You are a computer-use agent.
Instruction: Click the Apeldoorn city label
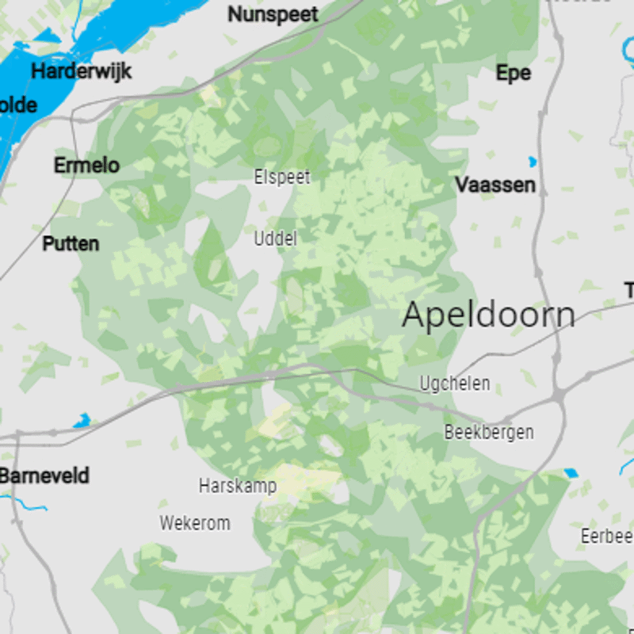point(488,315)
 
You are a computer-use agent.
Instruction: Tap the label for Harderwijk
point(81,71)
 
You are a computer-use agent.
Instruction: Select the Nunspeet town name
point(273,14)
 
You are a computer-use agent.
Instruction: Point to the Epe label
point(513,73)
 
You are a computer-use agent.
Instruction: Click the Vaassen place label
point(495,185)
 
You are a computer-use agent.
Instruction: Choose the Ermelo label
point(86,166)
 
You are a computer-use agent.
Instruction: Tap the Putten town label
point(71,243)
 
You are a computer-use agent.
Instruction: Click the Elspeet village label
point(282,178)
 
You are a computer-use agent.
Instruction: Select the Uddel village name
point(275,238)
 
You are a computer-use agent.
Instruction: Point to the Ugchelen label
point(454,384)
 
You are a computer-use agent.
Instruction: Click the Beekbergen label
point(488,433)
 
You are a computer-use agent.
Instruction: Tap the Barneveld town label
point(44,476)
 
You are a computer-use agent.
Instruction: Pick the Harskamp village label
point(237,486)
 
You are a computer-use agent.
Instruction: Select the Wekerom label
point(195,523)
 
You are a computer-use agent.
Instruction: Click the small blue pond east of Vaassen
point(533,162)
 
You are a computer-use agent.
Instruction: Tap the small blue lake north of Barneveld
point(82,420)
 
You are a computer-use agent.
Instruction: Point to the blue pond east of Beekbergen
point(571,473)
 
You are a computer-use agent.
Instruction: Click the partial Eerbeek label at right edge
point(607,536)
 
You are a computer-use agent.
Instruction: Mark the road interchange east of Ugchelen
point(560,393)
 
